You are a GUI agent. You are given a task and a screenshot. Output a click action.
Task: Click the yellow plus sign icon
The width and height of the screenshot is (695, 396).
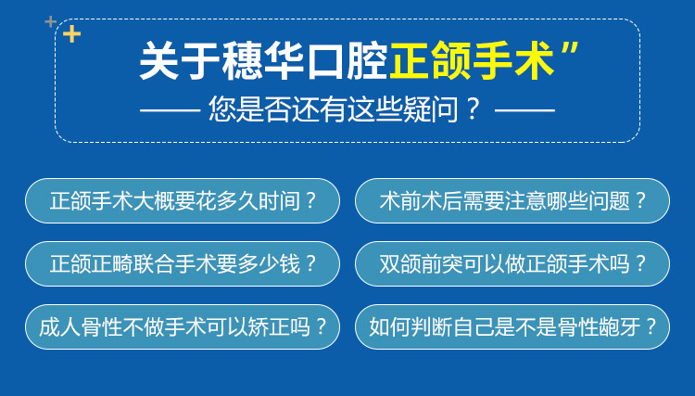pos(71,34)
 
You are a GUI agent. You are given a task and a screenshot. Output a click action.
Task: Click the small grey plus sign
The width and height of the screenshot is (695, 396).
pos(51,21)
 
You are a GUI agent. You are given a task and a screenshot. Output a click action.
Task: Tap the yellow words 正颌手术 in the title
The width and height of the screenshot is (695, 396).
pos(472,61)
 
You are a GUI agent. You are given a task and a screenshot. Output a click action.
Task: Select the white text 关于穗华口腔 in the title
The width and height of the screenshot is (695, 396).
pos(264,61)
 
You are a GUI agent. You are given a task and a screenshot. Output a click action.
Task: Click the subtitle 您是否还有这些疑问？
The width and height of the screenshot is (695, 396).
pos(345,109)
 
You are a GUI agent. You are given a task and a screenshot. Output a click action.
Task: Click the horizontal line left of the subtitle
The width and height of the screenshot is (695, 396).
pos(171,110)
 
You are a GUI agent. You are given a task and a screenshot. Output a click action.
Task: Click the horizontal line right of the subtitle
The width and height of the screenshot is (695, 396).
pos(524,110)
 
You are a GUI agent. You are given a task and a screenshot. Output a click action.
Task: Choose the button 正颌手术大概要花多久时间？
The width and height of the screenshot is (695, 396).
pos(183,201)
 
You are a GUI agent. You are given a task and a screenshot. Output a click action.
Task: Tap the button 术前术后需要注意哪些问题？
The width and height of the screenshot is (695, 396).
pos(512,201)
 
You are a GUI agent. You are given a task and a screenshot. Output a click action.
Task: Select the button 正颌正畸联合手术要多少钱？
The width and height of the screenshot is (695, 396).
pos(183,264)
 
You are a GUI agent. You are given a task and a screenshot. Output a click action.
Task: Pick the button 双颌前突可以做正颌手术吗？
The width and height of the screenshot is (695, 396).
pos(512,264)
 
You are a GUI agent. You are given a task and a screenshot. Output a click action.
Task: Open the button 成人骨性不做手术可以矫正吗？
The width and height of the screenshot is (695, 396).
pos(183,326)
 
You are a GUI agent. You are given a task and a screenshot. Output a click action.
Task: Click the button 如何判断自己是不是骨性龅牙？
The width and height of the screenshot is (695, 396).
pos(512,326)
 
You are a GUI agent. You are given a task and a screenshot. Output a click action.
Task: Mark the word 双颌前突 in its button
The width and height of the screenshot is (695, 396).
pos(421,264)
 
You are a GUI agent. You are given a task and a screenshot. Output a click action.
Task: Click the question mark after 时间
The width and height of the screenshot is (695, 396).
pos(311,201)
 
